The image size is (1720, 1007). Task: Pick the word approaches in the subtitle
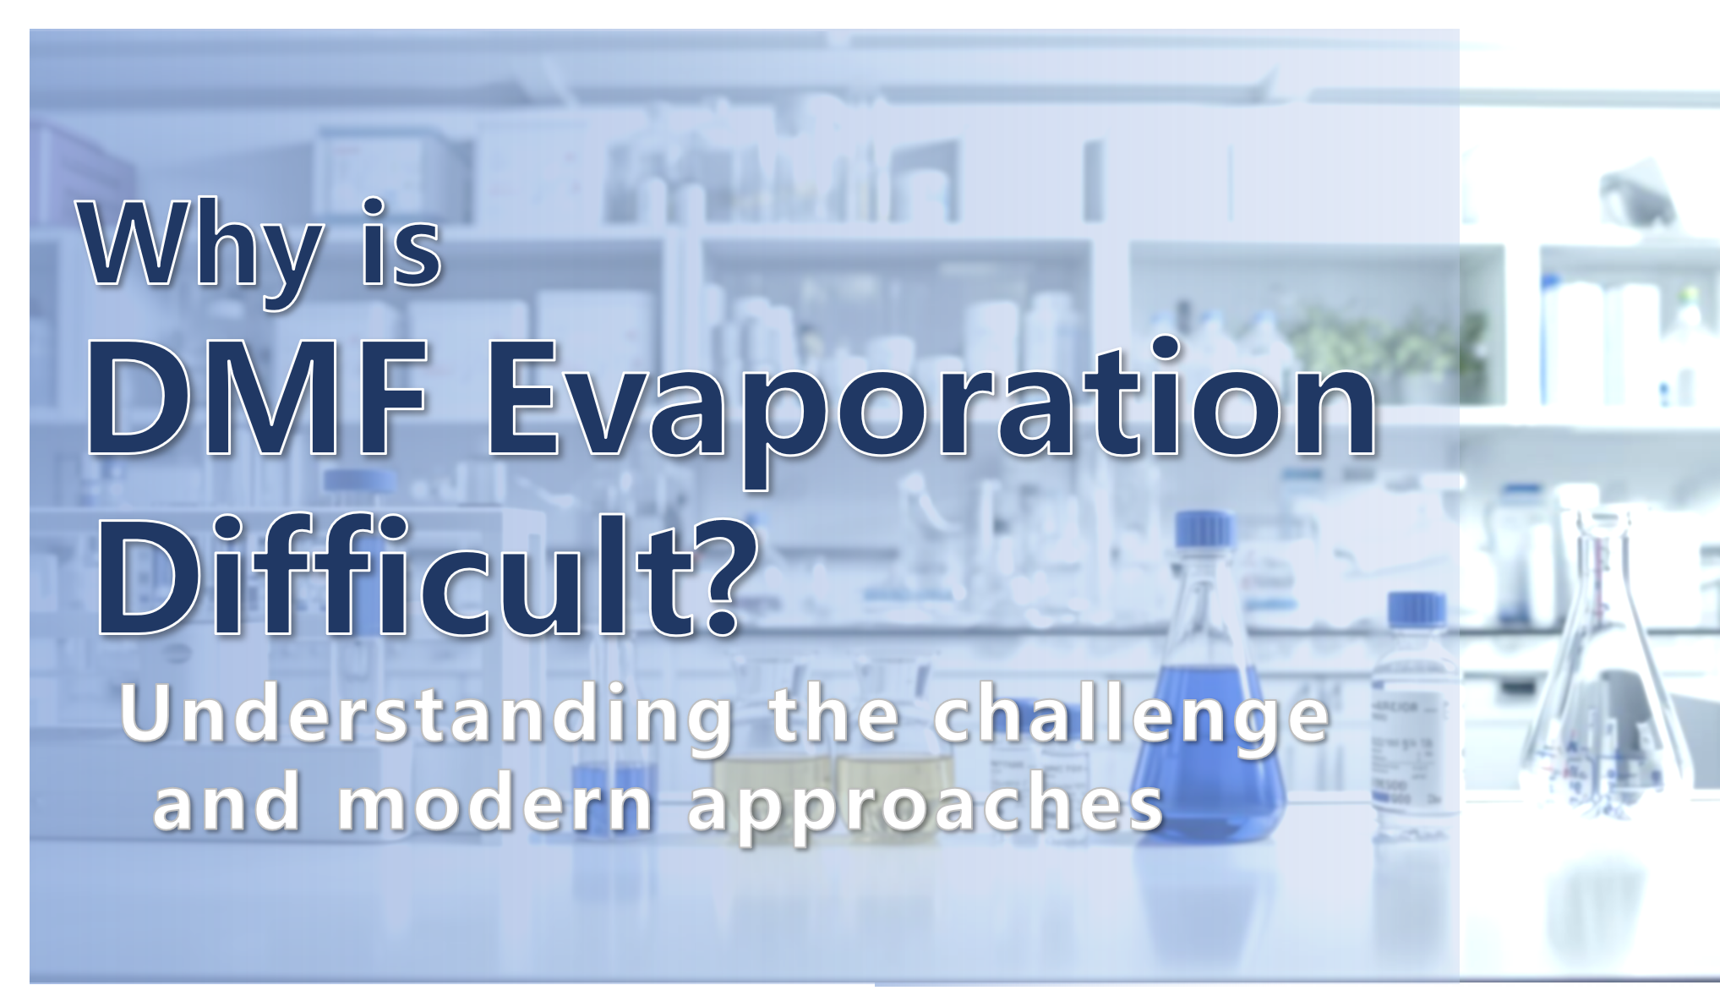(926, 810)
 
